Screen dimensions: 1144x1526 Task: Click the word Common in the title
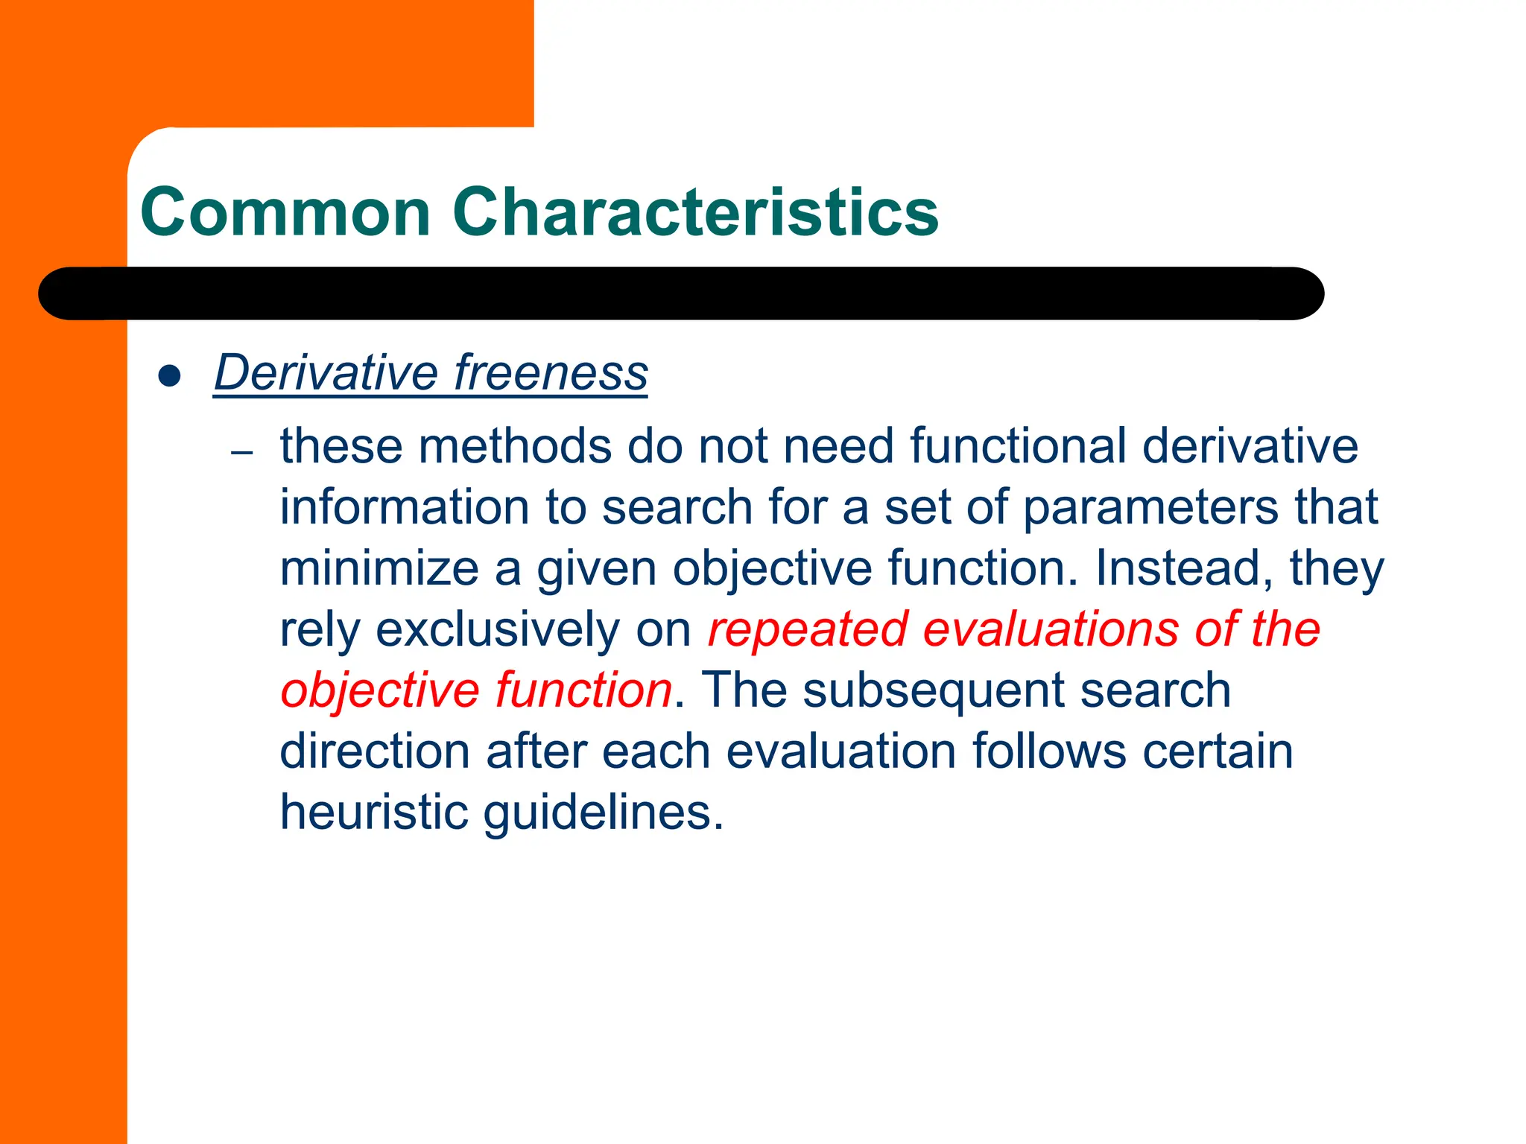pyautogui.click(x=285, y=213)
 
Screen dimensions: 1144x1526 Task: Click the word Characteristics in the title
pyautogui.click(x=694, y=213)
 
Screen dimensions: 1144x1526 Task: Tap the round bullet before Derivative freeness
pyautogui.click(x=170, y=376)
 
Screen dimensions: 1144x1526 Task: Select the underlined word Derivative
pyautogui.click(x=326, y=372)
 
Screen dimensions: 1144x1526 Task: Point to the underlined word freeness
pyautogui.click(x=551, y=372)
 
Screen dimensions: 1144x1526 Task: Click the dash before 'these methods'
pyautogui.click(x=242, y=452)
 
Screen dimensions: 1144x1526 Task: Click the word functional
pyautogui.click(x=1018, y=447)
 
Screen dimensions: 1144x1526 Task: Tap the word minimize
pyautogui.click(x=379, y=569)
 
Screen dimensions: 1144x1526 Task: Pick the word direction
pyautogui.click(x=374, y=751)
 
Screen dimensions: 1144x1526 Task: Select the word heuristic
pyautogui.click(x=374, y=813)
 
